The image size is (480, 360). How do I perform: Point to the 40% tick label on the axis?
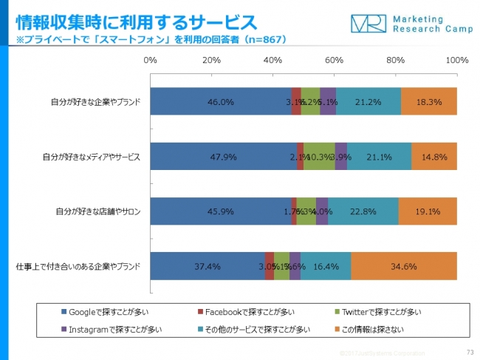(273, 59)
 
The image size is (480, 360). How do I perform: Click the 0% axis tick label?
(151, 59)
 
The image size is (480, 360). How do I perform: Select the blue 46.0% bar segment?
(221, 101)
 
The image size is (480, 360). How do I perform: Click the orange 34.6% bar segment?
(404, 266)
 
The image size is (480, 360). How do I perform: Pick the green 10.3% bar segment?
(319, 156)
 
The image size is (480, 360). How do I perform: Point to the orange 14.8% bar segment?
(434, 156)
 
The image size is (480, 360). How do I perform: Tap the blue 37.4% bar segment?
(208, 266)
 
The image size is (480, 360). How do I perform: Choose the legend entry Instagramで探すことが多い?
(109, 328)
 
